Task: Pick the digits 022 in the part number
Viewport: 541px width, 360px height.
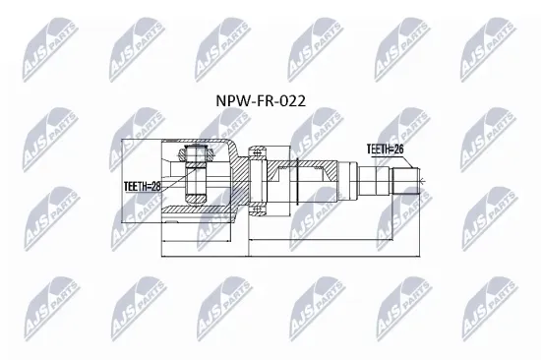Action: tap(294, 99)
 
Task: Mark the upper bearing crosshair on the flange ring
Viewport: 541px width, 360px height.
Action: tap(259, 153)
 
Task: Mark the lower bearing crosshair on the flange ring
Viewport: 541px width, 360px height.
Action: tap(259, 209)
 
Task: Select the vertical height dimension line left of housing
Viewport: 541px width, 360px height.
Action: tap(119, 181)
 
